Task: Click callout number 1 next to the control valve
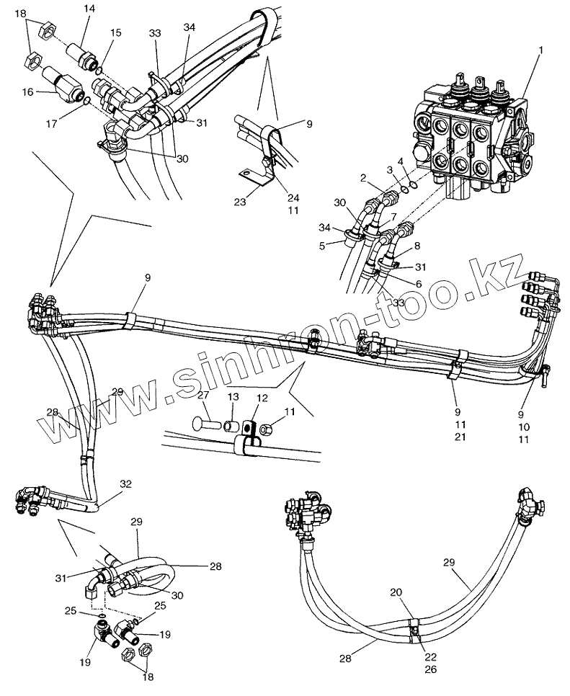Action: point(541,50)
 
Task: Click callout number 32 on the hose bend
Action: point(127,484)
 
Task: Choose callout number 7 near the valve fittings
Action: point(393,217)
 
